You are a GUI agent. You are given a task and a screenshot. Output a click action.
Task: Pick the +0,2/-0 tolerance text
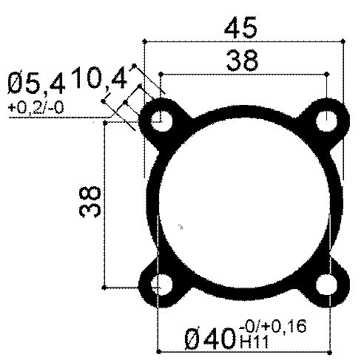point(36,108)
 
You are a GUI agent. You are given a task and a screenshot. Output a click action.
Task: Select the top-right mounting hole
point(326,120)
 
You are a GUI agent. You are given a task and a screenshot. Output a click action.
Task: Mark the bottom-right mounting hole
point(325,285)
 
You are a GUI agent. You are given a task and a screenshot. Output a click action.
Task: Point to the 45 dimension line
point(245,44)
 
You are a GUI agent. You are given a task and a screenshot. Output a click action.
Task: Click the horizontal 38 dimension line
point(243,74)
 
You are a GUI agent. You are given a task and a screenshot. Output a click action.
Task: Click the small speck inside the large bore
point(180,224)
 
